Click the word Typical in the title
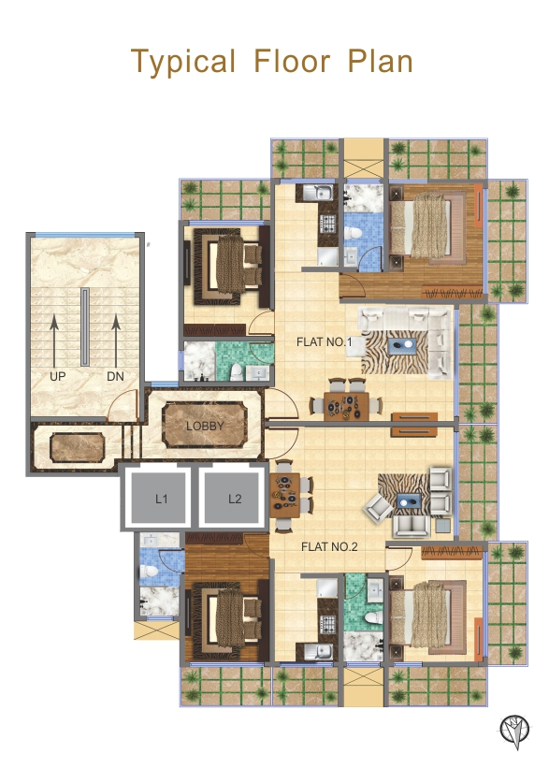tap(183, 62)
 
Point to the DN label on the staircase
tap(115, 377)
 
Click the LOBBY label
tap(205, 426)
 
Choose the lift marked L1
tap(161, 499)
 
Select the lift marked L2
tap(235, 499)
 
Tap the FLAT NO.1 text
tap(325, 343)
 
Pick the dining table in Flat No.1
tap(345, 403)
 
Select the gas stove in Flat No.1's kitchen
tap(328, 225)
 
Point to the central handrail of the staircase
tap(85, 327)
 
